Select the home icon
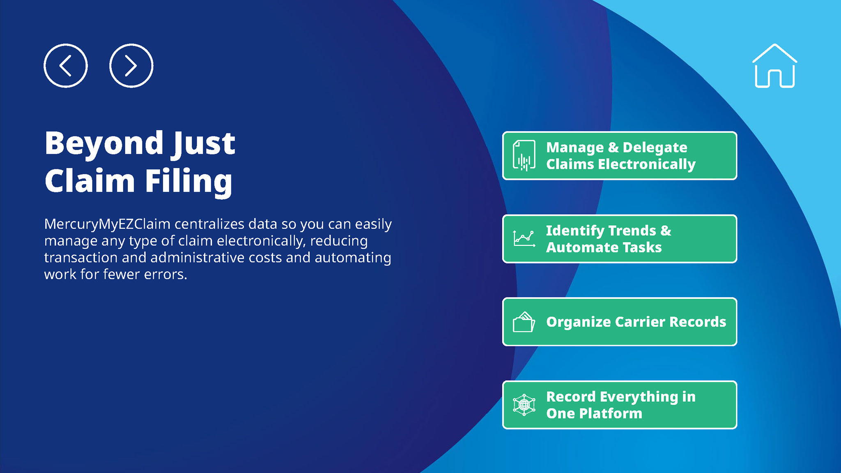[x=774, y=66]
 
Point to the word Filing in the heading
[x=188, y=181]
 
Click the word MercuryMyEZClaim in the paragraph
[x=107, y=225]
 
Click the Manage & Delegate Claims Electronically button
[x=620, y=156]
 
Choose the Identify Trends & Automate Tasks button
[x=620, y=239]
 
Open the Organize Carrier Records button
[x=620, y=322]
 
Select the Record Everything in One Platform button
[x=620, y=405]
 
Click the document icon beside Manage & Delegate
[x=524, y=156]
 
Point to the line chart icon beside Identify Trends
[x=524, y=239]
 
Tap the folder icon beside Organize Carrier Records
[x=524, y=322]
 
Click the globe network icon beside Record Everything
[x=524, y=405]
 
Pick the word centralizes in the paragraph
[x=209, y=224]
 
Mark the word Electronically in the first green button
[x=647, y=165]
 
